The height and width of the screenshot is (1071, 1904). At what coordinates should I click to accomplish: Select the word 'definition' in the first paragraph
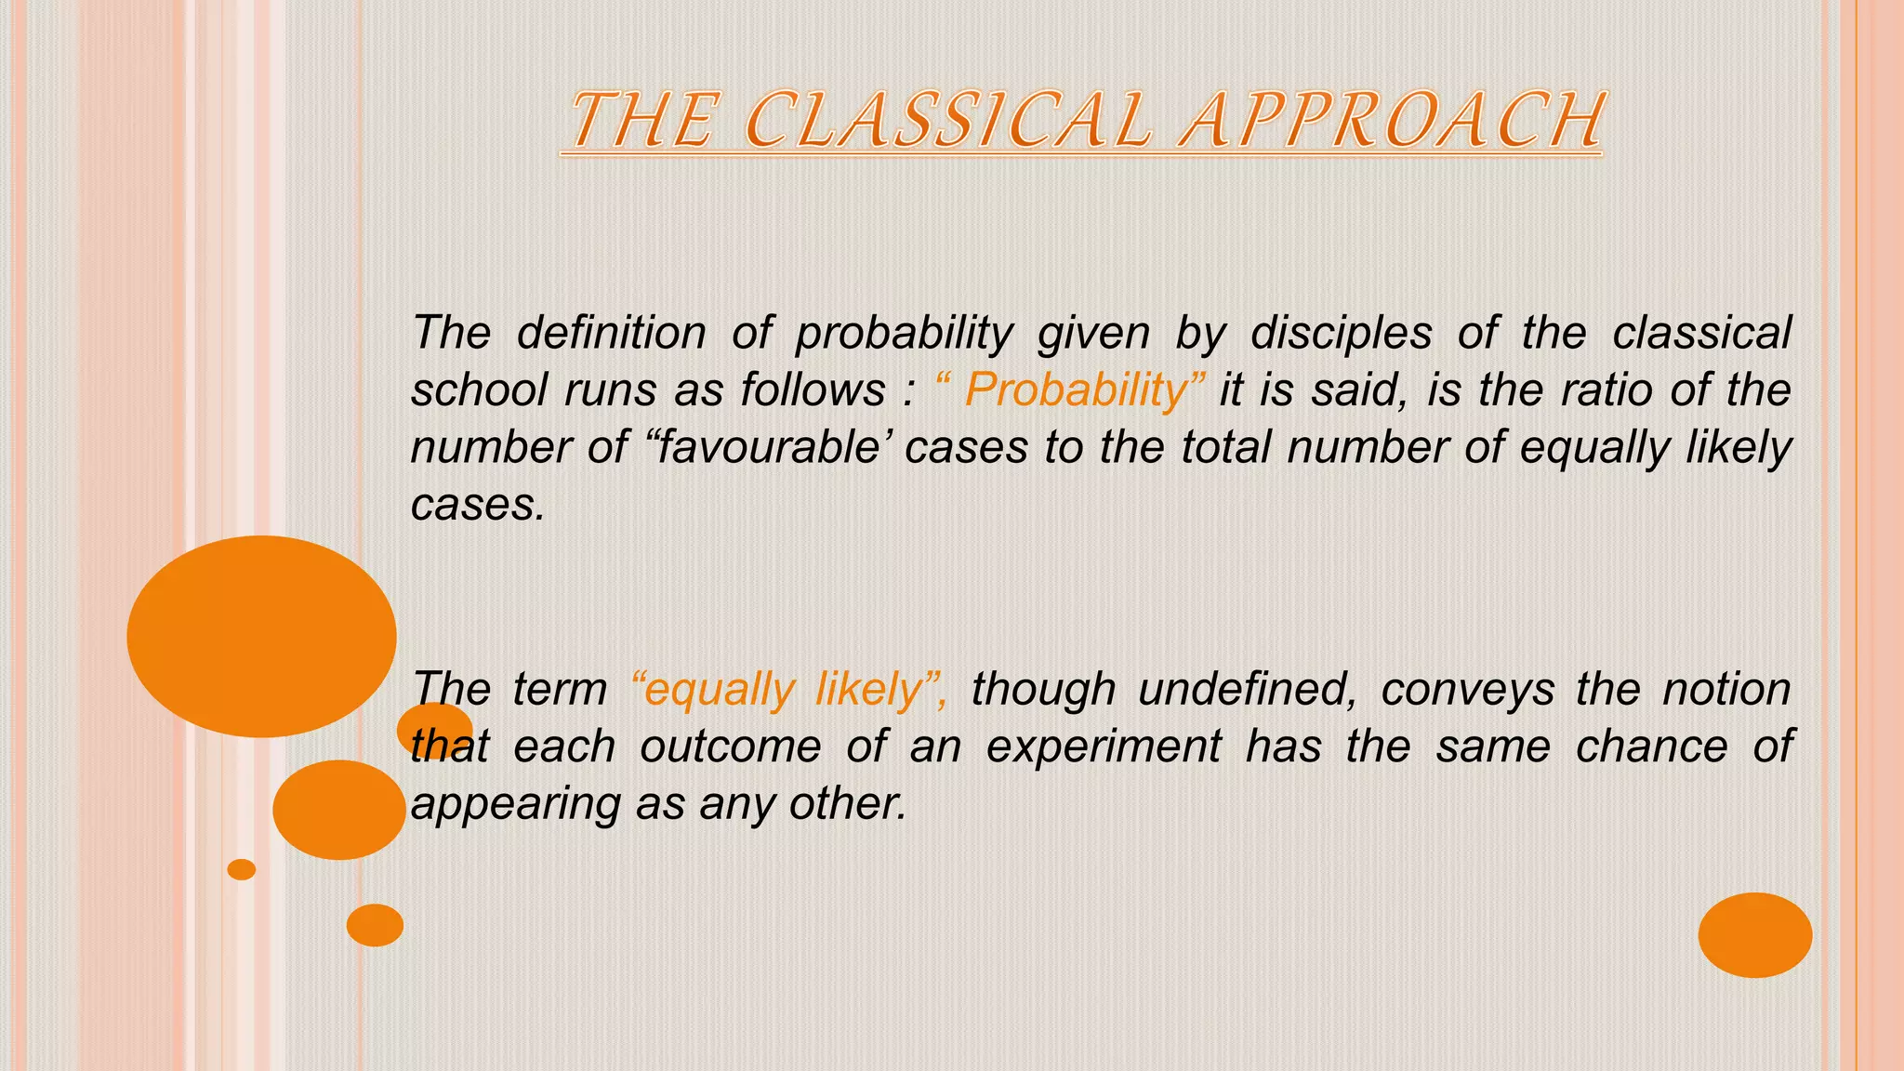tap(611, 333)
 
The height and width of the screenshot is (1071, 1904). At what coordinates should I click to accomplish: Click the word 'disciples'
tap(1341, 333)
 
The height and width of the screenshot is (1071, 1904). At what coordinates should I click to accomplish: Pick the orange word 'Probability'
tap(1077, 390)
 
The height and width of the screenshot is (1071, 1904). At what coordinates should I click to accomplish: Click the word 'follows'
tap(813, 390)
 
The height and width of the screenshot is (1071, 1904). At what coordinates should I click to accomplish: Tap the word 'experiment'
tap(1104, 747)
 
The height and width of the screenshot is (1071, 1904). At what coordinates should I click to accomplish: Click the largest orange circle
tap(261, 636)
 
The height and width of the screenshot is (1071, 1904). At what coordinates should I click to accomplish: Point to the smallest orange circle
tap(242, 869)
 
